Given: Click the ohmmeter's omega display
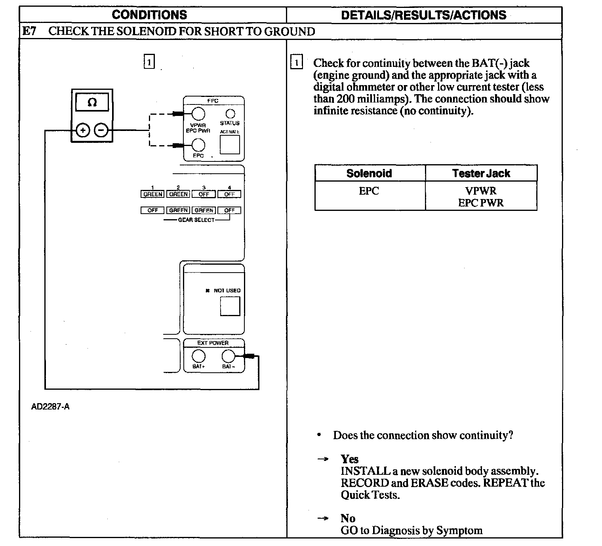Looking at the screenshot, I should pos(92,102).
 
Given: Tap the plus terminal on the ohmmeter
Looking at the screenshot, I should pos(82,130).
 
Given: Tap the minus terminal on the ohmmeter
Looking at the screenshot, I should pos(101,130).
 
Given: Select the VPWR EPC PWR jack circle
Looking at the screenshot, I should pos(198,114).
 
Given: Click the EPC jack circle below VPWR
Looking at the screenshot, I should pos(198,145).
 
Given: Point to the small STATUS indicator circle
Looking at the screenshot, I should pos(230,114).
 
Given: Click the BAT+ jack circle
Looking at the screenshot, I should pos(198,356).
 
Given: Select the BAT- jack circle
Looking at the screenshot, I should pos(228,356).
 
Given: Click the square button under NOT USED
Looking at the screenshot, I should pos(230,306).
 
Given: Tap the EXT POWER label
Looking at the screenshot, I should pos(213,343).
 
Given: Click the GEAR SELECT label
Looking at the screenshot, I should pos(196,220).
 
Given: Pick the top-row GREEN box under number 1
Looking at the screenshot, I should pos(152,194).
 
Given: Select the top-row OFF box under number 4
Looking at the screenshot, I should pos(229,194).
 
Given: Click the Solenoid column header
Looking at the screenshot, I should pos(369,173).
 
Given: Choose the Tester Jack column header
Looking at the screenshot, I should pos(481,173).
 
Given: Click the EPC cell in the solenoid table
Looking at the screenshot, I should pos(369,191).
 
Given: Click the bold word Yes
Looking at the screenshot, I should pos(349,459).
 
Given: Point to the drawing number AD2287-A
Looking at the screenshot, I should pos(50,407).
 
